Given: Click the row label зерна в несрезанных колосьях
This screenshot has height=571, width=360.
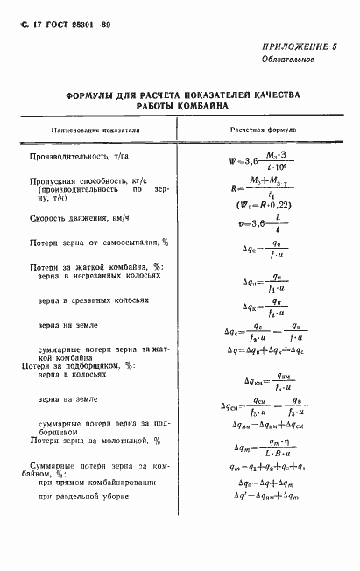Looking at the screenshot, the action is pyautogui.click(x=100, y=275).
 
